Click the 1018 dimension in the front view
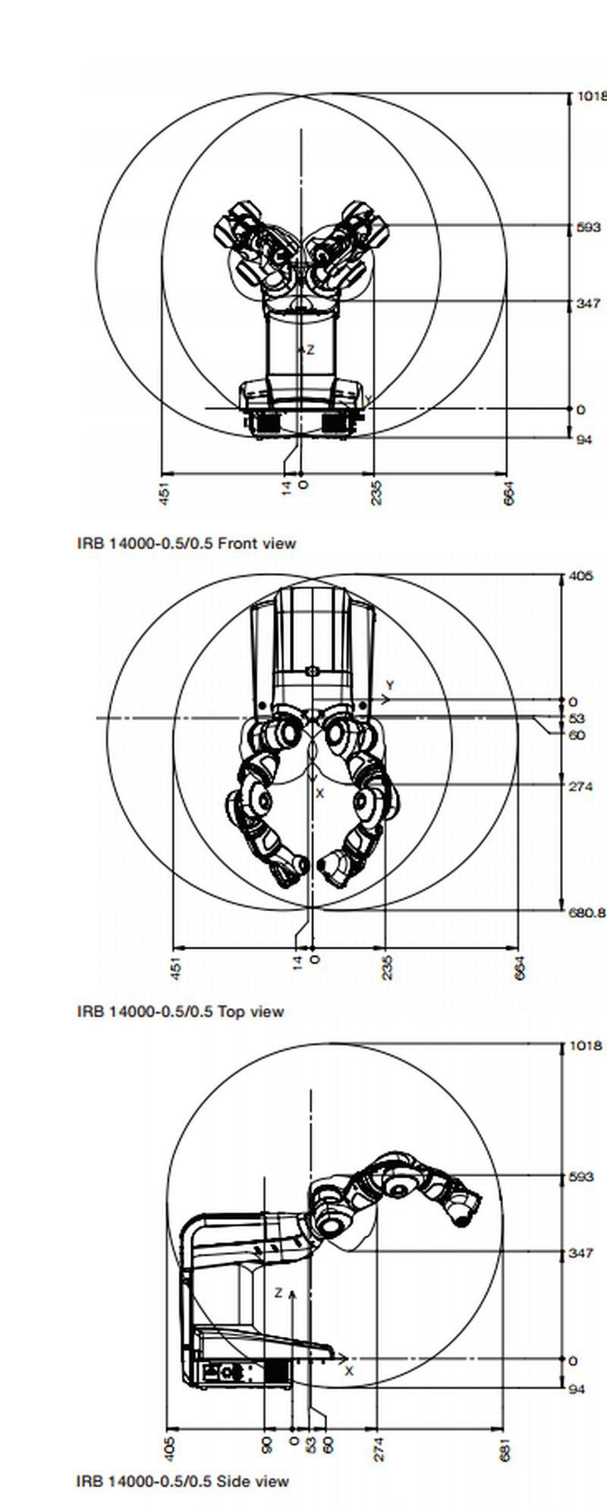point(591,96)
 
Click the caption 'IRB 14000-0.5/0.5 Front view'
point(186,543)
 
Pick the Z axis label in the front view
point(310,350)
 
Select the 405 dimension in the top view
point(580,576)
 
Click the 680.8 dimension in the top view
point(587,913)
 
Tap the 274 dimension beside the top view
point(580,787)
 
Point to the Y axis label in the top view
point(390,686)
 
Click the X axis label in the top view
point(319,793)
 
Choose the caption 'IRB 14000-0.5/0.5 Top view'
point(180,1011)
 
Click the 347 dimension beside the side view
point(580,1253)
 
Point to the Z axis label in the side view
point(278,1293)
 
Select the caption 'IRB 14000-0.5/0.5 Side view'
point(182,1480)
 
